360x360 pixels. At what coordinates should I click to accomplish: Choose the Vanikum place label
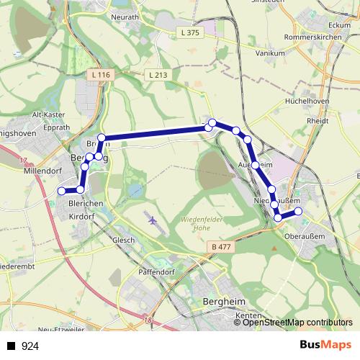click(x=271, y=53)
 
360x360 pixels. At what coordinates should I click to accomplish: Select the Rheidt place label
click(x=318, y=121)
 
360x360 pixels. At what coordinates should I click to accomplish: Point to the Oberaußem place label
click(x=305, y=235)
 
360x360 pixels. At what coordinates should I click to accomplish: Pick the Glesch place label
click(x=124, y=240)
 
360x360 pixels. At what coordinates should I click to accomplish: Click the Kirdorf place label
click(x=81, y=215)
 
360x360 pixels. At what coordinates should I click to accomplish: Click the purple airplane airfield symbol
click(x=151, y=218)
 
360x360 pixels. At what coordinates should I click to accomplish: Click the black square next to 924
click(x=11, y=346)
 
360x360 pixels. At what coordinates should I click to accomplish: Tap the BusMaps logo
click(x=325, y=346)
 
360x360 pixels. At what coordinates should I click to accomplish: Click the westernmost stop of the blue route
click(x=61, y=190)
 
